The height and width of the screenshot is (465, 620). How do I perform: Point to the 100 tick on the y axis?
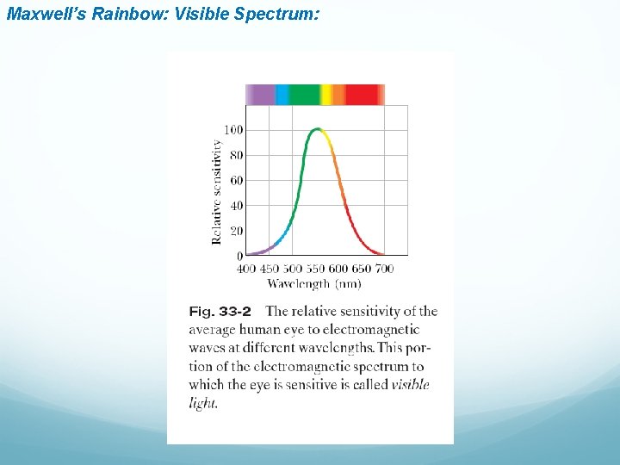pyautogui.click(x=233, y=130)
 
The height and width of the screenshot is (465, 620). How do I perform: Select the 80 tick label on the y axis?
pyautogui.click(x=235, y=155)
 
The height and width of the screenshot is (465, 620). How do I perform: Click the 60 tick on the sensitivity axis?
pyautogui.click(x=235, y=181)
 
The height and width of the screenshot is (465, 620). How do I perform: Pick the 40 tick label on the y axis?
pyautogui.click(x=235, y=206)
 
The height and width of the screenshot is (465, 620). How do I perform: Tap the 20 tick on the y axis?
pyautogui.click(x=235, y=231)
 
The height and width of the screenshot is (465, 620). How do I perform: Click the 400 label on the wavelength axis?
pyautogui.click(x=246, y=269)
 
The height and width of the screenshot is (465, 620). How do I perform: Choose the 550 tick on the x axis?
pyautogui.click(x=315, y=269)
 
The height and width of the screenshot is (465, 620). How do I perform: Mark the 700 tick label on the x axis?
pyautogui.click(x=384, y=269)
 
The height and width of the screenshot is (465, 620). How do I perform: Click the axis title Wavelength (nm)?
pyautogui.click(x=313, y=283)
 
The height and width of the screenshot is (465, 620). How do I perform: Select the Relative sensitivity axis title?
pyautogui.click(x=216, y=191)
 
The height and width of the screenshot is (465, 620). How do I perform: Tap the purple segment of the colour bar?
pyautogui.click(x=260, y=95)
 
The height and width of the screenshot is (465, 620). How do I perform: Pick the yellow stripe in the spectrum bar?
pyautogui.click(x=325, y=95)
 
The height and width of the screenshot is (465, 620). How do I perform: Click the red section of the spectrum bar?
pyautogui.click(x=365, y=95)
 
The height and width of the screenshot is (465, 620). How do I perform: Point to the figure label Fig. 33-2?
pyautogui.click(x=220, y=312)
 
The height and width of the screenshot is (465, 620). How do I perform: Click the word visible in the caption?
pyautogui.click(x=410, y=385)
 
